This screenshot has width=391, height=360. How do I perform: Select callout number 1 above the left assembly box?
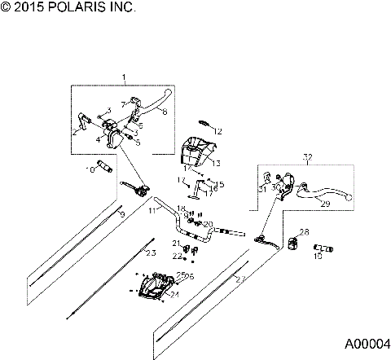click(x=124, y=77)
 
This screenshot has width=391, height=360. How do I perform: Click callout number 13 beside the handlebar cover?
click(x=217, y=163)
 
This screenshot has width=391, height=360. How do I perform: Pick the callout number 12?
click(x=217, y=130)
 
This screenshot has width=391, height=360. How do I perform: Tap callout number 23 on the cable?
click(x=150, y=253)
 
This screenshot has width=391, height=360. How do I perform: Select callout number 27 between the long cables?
click(x=239, y=279)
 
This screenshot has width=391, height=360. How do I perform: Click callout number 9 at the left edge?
click(x=121, y=214)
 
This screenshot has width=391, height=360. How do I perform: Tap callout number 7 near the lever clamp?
click(x=123, y=104)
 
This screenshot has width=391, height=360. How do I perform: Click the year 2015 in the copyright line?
click(x=30, y=7)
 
